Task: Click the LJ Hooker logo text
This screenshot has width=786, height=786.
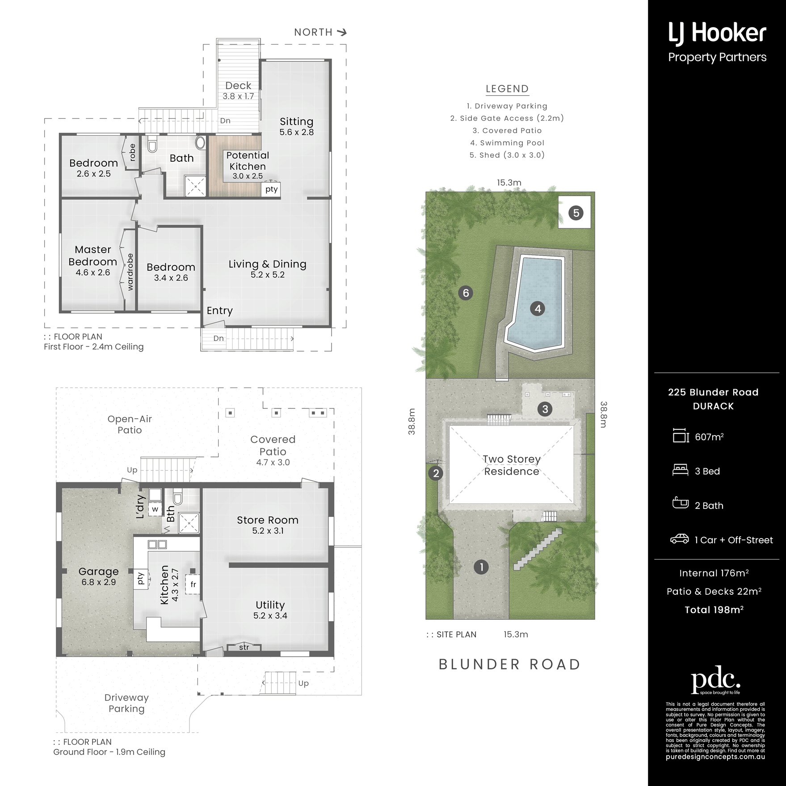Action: (717, 34)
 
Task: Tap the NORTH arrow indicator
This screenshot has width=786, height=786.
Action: (342, 32)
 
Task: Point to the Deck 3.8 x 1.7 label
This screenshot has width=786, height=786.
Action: (238, 90)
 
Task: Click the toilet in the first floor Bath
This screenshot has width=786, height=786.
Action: (152, 143)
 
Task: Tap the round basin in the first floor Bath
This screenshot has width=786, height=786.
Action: (201, 143)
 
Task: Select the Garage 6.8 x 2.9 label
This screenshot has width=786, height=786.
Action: (99, 576)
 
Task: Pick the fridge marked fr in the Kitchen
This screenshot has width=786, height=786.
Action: (193, 584)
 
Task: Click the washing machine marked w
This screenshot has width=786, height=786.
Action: (155, 509)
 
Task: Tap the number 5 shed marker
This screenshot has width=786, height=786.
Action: (576, 213)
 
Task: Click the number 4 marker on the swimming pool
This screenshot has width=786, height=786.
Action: (538, 308)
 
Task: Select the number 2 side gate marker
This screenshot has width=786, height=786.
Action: (436, 473)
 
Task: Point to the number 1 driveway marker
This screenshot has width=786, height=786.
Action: (481, 567)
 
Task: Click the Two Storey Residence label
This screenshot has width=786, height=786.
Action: (512, 465)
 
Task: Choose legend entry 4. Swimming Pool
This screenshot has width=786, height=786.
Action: (507, 143)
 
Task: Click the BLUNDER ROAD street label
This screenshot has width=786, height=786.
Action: (509, 664)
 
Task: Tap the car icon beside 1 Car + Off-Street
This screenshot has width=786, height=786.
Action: (679, 539)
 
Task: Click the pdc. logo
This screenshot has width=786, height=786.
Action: (716, 680)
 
